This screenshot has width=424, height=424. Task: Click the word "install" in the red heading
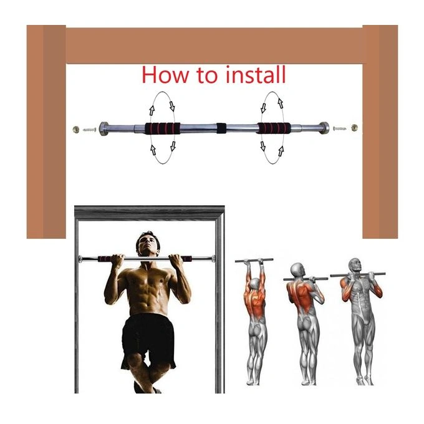click(255, 75)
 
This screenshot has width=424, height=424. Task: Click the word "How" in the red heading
click(165, 75)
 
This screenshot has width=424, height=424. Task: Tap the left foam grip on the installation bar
click(163, 128)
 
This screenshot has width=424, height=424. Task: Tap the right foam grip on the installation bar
click(274, 128)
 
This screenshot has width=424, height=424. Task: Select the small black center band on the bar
click(221, 128)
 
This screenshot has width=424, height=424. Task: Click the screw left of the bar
click(90, 130)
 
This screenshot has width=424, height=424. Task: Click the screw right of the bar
click(340, 128)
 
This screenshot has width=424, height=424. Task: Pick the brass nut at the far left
click(76, 129)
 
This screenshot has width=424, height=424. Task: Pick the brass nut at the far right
click(354, 128)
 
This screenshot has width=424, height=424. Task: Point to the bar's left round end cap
click(104, 129)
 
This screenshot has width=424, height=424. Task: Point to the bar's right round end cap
click(324, 128)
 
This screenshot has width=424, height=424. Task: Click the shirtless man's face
click(148, 246)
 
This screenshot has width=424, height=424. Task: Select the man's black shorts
click(148, 342)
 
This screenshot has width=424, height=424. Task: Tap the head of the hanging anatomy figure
click(255, 284)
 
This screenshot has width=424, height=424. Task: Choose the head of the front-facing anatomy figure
click(355, 266)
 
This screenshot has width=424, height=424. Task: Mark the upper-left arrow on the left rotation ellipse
click(152, 110)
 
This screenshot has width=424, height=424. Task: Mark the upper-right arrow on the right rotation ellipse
click(281, 104)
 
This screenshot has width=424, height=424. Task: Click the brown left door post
click(46, 132)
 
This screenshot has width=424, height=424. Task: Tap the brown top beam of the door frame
click(214, 46)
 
